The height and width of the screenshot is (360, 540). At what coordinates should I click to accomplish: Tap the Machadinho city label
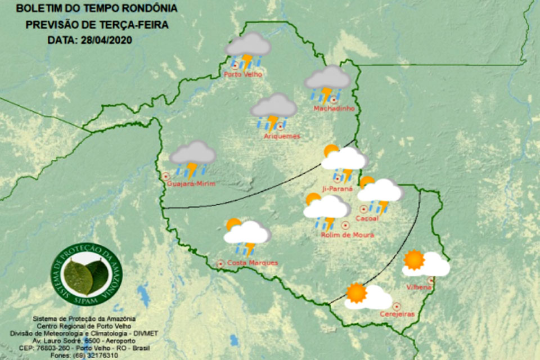point(334,108)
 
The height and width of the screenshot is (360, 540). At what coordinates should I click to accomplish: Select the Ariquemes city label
point(282,136)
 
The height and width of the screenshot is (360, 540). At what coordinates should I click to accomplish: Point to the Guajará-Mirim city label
point(192,184)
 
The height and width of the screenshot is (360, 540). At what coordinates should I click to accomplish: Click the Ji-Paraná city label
point(337,189)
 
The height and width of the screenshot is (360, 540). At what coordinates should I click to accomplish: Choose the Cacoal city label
point(367,218)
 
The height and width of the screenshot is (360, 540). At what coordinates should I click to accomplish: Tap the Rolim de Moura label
point(347,235)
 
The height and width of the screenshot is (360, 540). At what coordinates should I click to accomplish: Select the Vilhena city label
point(419,287)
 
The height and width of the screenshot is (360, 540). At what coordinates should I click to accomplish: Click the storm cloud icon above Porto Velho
point(248,49)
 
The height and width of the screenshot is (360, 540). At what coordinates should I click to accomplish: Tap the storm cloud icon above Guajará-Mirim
point(193,157)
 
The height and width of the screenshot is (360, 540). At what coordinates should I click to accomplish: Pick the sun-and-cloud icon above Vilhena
point(425,263)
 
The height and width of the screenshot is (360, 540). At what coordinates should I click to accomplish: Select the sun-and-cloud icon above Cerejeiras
point(367,296)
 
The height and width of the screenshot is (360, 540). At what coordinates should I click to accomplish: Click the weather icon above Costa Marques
point(246,235)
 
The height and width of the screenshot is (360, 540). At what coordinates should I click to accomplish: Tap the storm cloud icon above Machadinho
point(328,82)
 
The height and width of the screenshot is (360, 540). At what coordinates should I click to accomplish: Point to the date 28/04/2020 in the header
point(103,40)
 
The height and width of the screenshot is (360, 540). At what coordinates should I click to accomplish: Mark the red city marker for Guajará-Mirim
point(166,176)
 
